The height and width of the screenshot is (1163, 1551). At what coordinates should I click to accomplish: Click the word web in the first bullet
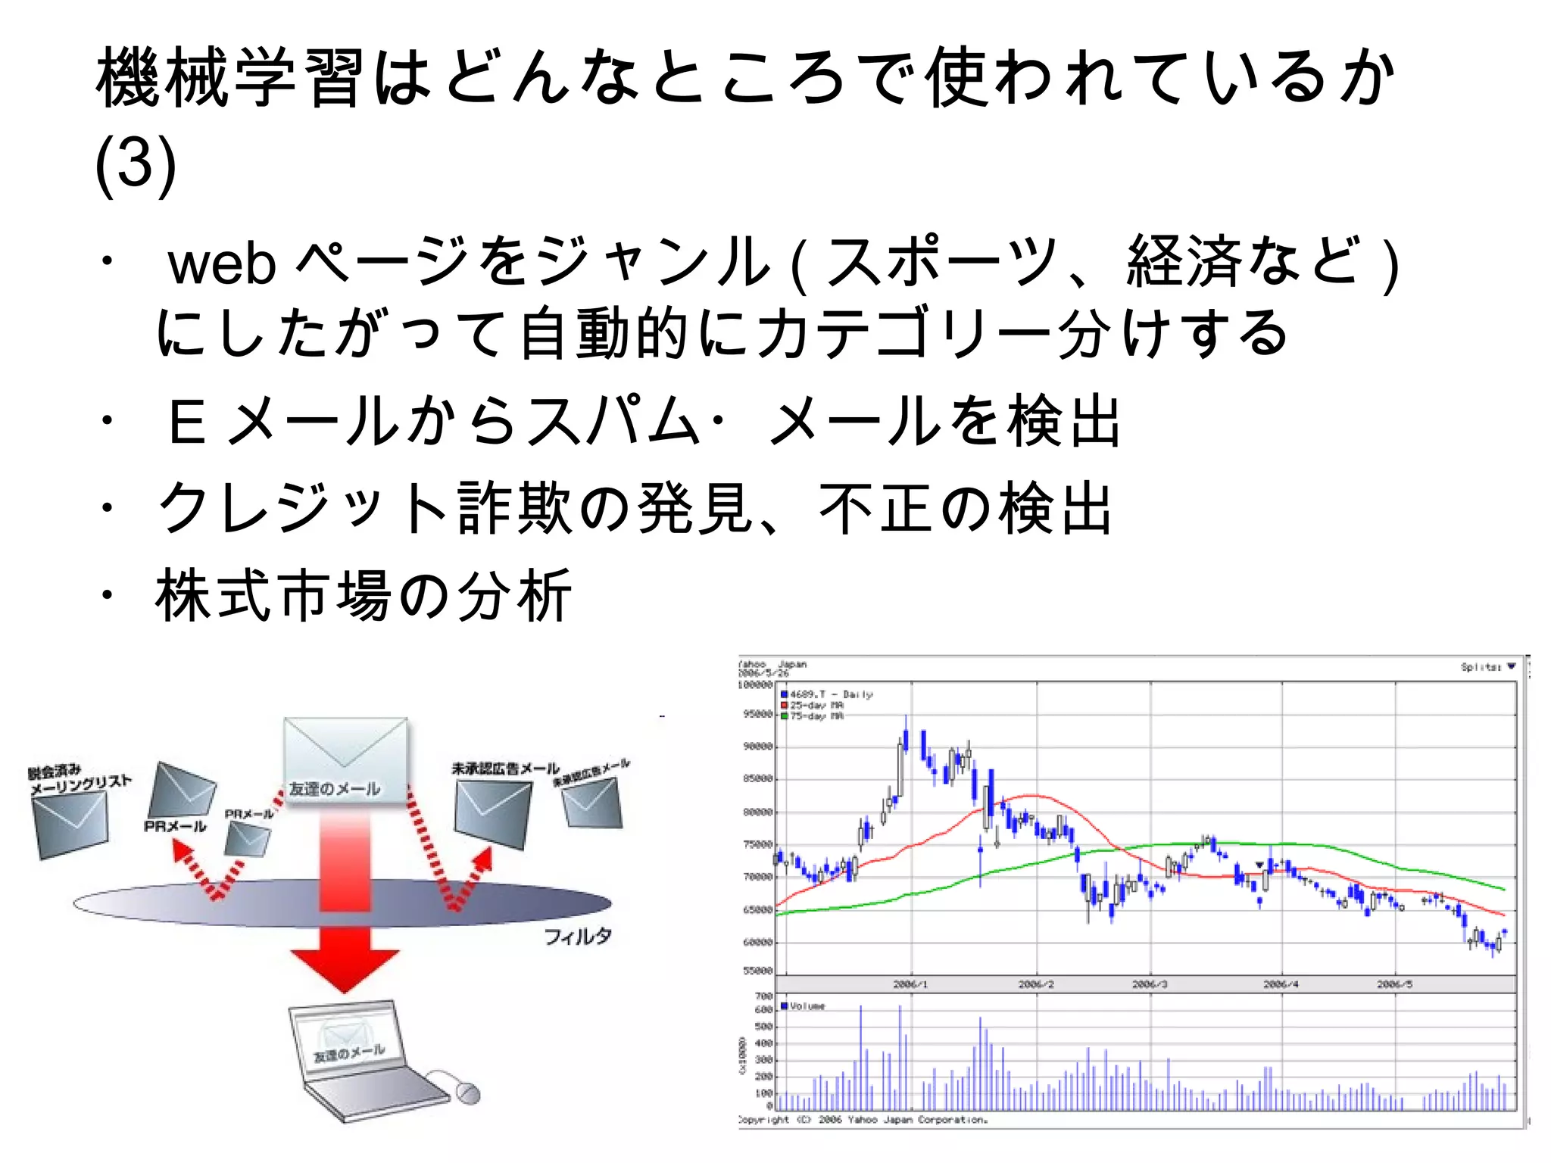[221, 264]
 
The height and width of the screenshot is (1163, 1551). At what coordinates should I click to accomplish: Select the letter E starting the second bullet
[186, 422]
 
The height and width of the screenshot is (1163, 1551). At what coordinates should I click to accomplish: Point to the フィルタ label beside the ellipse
[577, 937]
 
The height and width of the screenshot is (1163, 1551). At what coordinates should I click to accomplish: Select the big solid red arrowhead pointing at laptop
[345, 970]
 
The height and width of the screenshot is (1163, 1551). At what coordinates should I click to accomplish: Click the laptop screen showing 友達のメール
[348, 1045]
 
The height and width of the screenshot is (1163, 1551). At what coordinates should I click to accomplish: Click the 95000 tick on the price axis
[757, 714]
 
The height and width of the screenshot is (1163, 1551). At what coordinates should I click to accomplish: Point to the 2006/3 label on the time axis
[1149, 984]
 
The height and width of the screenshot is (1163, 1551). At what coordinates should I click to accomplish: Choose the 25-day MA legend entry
[814, 706]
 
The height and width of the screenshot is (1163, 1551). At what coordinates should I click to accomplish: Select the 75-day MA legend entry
[814, 716]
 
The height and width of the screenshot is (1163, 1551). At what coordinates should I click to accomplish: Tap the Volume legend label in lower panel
[806, 1006]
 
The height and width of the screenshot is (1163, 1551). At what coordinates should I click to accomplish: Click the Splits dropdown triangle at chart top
[1511, 666]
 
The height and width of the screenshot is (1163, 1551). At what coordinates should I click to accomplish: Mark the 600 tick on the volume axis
[763, 1009]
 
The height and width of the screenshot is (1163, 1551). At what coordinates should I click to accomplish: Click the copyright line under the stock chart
[863, 1120]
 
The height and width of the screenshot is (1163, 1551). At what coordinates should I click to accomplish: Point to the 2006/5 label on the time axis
[1394, 984]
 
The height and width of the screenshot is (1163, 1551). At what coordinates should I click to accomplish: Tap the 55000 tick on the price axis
[757, 971]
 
